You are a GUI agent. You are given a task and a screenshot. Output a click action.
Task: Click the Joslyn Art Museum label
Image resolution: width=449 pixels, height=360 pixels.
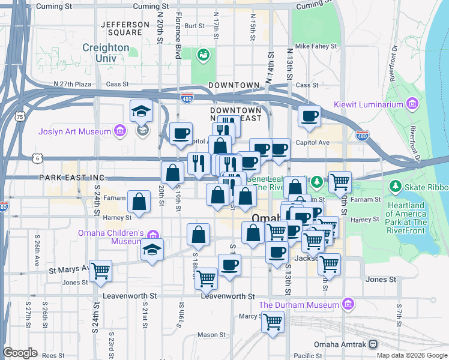tap(74, 131)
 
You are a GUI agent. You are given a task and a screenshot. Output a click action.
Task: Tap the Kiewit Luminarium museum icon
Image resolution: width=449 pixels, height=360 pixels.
tap(412, 104)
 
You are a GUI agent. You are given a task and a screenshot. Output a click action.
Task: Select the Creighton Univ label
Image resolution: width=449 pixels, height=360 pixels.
tap(106, 53)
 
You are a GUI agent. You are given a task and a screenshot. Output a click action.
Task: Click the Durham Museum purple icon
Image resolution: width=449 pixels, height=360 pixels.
tap(346, 305)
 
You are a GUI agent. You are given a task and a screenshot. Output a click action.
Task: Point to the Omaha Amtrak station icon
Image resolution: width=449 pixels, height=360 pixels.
tap(373, 344)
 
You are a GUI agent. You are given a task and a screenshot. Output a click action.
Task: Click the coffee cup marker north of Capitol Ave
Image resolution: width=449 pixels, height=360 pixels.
tap(309, 116)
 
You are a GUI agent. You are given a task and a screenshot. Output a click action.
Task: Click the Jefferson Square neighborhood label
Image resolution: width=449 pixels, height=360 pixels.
tap(125, 28)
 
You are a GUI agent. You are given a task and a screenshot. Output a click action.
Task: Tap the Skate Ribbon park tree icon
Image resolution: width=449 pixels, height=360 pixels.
tap(395, 187)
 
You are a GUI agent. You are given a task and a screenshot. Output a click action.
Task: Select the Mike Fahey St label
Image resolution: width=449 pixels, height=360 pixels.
tap(318, 46)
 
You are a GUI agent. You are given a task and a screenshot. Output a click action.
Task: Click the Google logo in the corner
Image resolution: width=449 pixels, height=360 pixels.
tap(20, 353)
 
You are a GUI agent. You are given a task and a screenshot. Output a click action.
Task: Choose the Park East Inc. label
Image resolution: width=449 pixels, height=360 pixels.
tap(72, 178)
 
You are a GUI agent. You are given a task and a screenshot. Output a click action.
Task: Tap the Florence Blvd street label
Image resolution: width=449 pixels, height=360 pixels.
tap(178, 27)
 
